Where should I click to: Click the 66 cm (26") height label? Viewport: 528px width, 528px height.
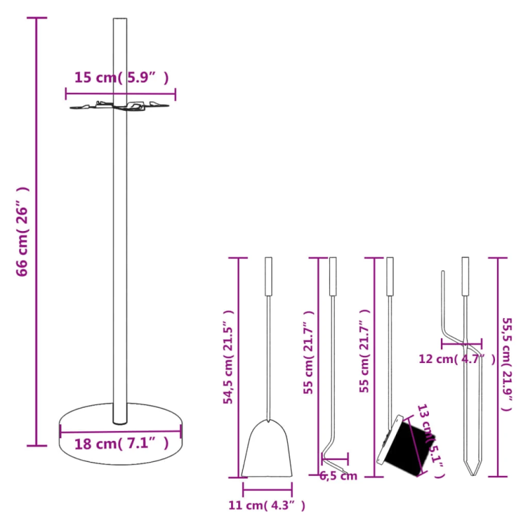(x=22, y=230)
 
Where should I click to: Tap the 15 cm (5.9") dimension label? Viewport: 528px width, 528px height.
(x=121, y=78)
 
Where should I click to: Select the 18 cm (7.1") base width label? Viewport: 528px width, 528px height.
(x=121, y=444)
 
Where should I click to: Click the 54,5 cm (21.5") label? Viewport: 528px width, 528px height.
(x=228, y=356)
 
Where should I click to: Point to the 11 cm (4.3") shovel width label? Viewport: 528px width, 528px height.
(x=267, y=506)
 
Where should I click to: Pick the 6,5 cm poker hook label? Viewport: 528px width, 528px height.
(x=338, y=476)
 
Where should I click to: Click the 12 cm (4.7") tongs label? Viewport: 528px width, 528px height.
(x=456, y=359)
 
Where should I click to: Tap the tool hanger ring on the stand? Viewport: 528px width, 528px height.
(x=120, y=106)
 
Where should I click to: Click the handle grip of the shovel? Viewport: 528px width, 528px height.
(x=268, y=275)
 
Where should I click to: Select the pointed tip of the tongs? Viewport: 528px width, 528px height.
(x=470, y=471)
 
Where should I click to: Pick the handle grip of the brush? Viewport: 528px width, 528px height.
(x=389, y=275)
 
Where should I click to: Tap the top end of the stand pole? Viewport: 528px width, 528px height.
(x=120, y=21)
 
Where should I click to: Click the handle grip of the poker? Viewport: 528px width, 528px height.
(x=333, y=275)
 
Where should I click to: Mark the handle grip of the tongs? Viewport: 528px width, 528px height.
(x=465, y=275)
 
